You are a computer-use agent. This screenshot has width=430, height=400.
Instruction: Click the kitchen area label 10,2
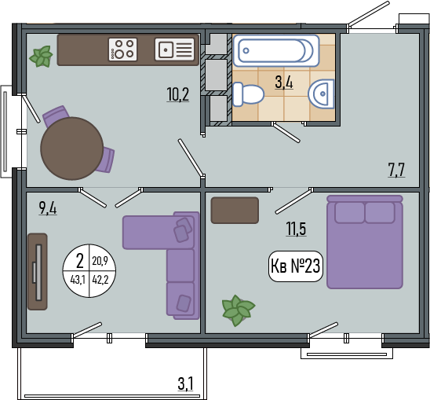pos(178,94)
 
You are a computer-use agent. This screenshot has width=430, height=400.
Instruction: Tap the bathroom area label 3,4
pos(284,83)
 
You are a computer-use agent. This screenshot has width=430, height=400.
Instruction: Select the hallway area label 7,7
pos(396,170)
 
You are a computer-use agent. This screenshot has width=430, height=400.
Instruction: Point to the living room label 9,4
pos(48,207)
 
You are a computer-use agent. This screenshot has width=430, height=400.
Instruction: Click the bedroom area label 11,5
pos(296,229)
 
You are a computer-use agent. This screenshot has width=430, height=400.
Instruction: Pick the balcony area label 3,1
pos(186,383)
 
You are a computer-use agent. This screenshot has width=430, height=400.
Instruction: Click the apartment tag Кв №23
pos(295,266)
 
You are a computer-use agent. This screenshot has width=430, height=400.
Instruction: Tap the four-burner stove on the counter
pos(122,50)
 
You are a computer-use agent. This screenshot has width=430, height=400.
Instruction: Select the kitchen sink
pos(175,50)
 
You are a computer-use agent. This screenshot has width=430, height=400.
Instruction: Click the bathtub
pos(276,50)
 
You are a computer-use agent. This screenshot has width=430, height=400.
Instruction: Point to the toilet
pos(248,94)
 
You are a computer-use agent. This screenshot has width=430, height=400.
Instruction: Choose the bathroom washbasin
pos(322,94)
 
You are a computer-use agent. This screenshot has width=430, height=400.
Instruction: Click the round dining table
pos(72,149)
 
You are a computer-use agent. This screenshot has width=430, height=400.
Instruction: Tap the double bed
pos(365,242)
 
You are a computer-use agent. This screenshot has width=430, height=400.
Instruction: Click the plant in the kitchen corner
pos(41,57)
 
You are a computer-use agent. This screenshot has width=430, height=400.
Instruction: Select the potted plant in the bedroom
pos(238,310)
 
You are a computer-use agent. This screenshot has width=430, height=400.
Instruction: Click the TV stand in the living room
pos(38,272)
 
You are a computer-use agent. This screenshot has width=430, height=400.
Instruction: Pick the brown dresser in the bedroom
pos(235,210)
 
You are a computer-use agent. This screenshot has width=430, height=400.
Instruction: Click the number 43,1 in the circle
pos(78,281)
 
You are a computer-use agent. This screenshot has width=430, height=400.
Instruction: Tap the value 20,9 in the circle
pos(100,260)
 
